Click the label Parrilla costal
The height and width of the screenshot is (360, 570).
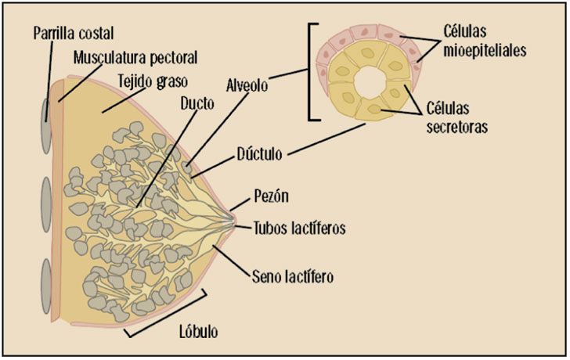pyautogui.click(x=74, y=33)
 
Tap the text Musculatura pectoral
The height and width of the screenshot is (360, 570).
pyautogui.click(x=135, y=57)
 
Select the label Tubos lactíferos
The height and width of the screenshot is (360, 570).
pyautogui.click(x=299, y=229)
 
